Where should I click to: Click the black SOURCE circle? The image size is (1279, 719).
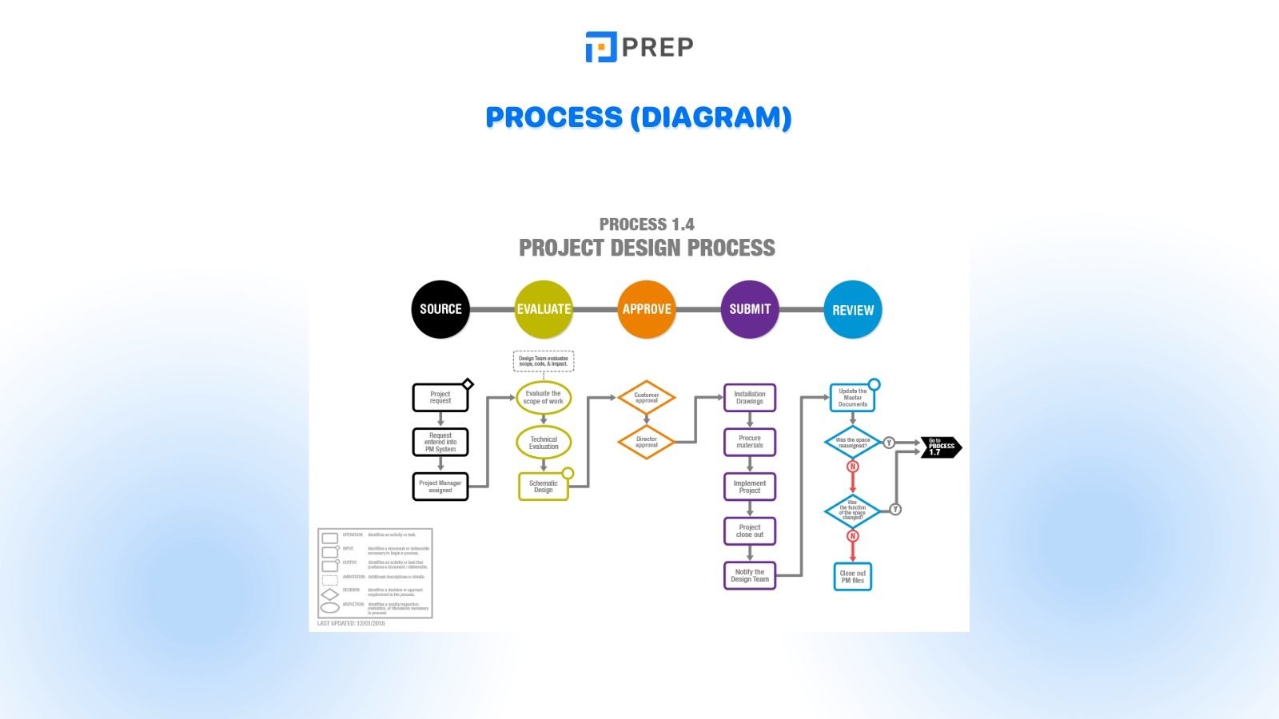click(x=440, y=309)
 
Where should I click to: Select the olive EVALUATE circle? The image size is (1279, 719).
click(x=544, y=309)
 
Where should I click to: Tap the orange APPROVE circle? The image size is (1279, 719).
click(x=647, y=309)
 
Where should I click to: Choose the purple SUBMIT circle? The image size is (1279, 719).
click(x=750, y=309)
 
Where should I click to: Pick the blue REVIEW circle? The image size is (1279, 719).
click(x=853, y=310)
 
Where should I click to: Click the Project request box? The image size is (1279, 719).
click(x=440, y=398)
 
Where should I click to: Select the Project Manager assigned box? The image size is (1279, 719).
click(x=440, y=487)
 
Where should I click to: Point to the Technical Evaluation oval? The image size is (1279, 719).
click(x=544, y=443)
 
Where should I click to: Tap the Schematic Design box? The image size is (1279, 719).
click(x=544, y=487)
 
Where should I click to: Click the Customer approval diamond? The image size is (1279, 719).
click(x=647, y=398)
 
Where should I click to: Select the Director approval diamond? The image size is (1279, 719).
click(x=647, y=442)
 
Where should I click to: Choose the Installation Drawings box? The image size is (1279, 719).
click(x=750, y=398)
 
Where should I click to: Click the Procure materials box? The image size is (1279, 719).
click(x=750, y=442)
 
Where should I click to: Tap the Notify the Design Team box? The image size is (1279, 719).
click(x=750, y=575)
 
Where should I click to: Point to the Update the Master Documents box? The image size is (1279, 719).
click(x=853, y=398)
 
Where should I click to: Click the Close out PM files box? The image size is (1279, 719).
click(x=853, y=577)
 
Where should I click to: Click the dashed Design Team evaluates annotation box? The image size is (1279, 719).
click(x=544, y=361)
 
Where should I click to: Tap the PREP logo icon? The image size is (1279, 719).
click(x=601, y=47)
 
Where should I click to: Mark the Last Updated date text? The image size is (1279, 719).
click(x=351, y=623)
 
